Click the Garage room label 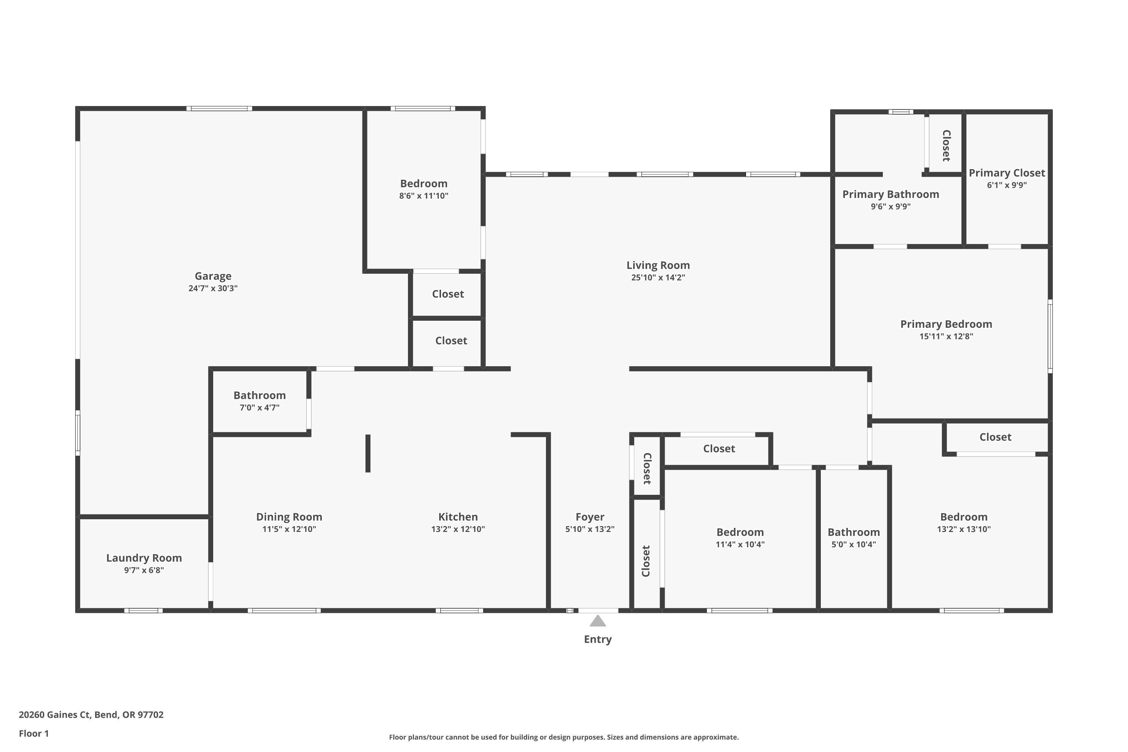tap(213, 276)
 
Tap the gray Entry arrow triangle tap(597, 621)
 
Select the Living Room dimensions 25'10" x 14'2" tap(658, 278)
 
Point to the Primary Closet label tap(1007, 173)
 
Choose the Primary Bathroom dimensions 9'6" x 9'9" tap(891, 207)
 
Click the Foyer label tap(590, 517)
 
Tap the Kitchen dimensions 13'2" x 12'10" tap(458, 529)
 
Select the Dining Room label tap(289, 517)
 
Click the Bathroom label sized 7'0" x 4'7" tap(259, 395)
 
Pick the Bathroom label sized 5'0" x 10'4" tap(854, 532)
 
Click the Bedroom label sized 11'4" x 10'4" tap(740, 532)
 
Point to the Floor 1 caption tap(33, 733)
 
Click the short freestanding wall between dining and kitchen tap(368, 453)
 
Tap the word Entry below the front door tap(597, 639)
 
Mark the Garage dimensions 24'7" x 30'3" tap(213, 289)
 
